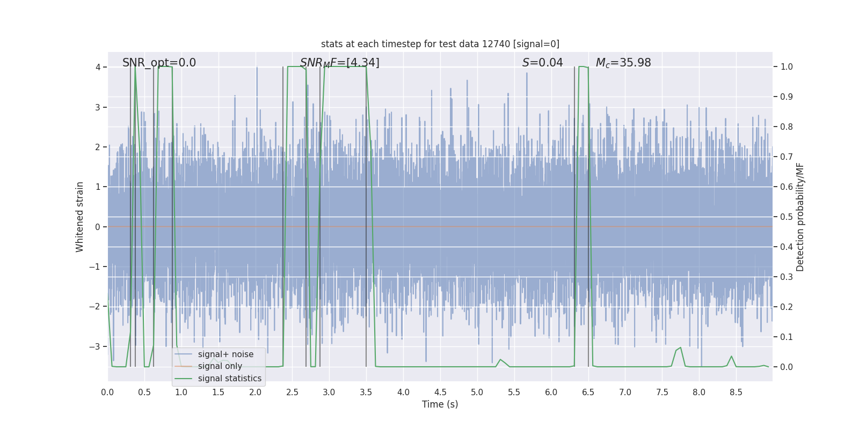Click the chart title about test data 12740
440,44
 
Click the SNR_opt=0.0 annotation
159,63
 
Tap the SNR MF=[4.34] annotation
339,63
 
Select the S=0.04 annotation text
542,63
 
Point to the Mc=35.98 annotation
623,63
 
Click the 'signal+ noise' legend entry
225,354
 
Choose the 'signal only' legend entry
220,366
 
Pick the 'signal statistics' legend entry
229,379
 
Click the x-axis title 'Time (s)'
440,404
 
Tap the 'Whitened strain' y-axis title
80,217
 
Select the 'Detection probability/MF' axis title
800,217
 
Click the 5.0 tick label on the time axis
477,393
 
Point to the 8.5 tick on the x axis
736,393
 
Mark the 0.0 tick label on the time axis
107,393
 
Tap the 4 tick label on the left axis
98,67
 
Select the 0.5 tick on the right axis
787,217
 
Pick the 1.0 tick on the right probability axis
787,67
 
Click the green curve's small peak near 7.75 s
680,348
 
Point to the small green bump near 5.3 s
500,360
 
